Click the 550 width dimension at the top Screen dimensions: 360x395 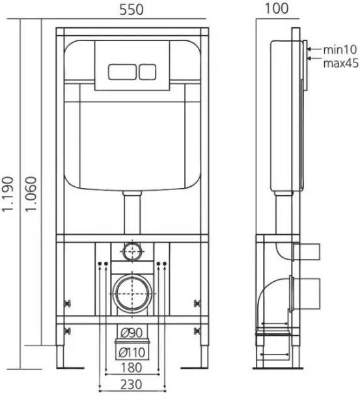point(132,10)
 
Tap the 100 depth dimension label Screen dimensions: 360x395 point(277,8)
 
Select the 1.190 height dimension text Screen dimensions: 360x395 point(8,194)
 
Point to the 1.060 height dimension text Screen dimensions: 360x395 point(31,194)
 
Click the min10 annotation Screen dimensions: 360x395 point(340,49)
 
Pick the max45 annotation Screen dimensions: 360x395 point(340,63)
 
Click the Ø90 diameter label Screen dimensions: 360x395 point(132,333)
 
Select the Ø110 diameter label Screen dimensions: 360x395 point(132,352)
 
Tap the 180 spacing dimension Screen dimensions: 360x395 point(132,368)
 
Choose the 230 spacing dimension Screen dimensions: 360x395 point(132,385)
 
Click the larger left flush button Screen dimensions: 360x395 point(122,72)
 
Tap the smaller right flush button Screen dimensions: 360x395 point(147,72)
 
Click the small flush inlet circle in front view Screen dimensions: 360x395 point(133,251)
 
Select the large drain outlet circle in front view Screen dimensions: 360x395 point(132,293)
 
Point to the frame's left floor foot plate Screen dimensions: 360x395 point(70,368)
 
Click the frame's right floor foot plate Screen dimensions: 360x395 point(195,368)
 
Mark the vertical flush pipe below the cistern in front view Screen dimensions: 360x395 point(132,213)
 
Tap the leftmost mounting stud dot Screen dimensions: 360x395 point(100,264)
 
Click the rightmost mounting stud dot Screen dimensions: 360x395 point(165,264)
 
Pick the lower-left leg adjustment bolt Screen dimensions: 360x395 point(68,331)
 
